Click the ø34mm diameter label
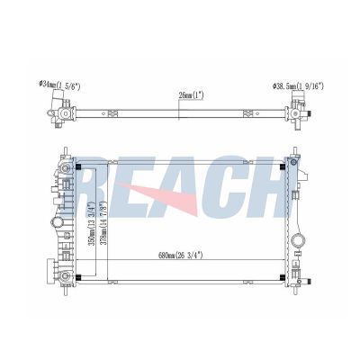(60, 85)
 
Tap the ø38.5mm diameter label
(298, 85)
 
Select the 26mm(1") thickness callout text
(192, 95)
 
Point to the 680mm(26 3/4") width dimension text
(181, 256)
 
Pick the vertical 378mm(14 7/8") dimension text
(104, 224)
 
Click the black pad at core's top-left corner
(78, 166)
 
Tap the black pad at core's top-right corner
(282, 166)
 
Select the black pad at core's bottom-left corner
(78, 277)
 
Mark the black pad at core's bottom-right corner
(282, 277)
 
